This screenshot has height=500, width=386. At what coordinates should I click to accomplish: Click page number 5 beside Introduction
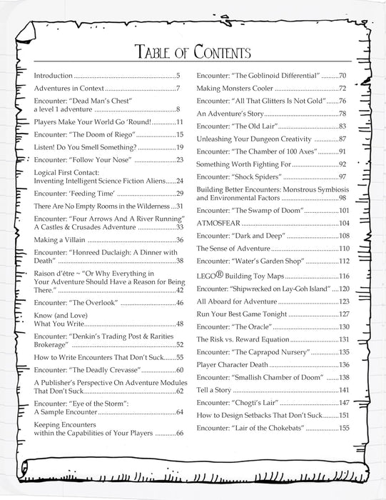(x=183, y=75)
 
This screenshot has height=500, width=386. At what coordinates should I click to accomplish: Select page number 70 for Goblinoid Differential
(x=342, y=75)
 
